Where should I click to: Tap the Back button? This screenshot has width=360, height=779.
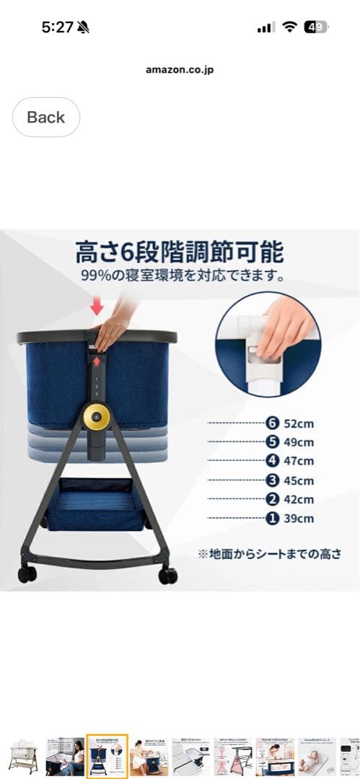click(x=46, y=117)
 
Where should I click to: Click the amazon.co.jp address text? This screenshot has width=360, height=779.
click(x=180, y=70)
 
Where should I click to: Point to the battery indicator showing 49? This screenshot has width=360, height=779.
click(x=315, y=27)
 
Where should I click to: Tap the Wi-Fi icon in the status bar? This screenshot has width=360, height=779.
click(x=290, y=27)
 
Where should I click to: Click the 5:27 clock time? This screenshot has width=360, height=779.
click(x=58, y=27)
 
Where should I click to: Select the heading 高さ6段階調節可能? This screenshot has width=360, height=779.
click(x=180, y=253)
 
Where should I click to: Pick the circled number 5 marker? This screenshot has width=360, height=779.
click(x=271, y=442)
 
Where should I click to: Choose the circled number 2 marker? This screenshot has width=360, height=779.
click(x=271, y=499)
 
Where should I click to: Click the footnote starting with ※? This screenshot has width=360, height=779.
click(x=269, y=554)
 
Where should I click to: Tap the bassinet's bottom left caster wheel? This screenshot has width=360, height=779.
click(x=27, y=574)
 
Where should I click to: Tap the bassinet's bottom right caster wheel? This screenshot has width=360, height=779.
click(x=168, y=576)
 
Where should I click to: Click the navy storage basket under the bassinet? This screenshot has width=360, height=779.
click(x=95, y=502)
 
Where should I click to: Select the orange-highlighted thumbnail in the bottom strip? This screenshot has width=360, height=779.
click(x=107, y=756)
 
